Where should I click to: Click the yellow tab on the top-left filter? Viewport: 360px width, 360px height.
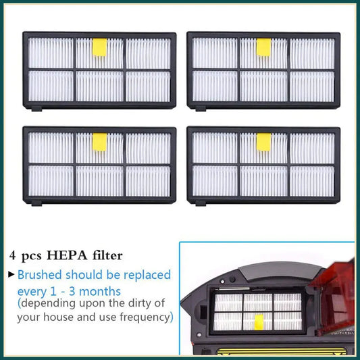click(99, 47)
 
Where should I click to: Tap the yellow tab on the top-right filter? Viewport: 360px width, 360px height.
click(263, 47)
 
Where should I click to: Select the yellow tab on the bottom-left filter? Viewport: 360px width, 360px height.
click(99, 142)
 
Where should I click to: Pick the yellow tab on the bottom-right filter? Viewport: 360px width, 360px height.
click(263, 142)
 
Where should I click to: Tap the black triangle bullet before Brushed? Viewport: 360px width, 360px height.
click(11, 275)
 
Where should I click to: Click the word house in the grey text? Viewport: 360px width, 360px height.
click(59, 316)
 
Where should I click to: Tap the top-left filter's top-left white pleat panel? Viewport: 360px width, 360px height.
click(51, 53)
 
